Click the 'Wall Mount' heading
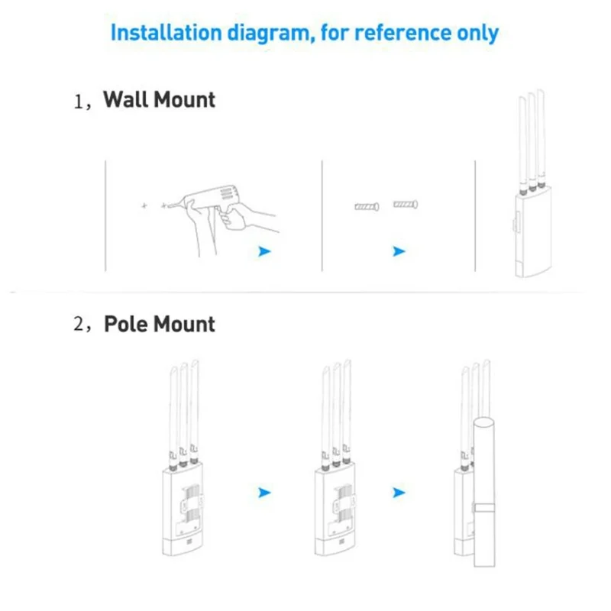[x=159, y=99]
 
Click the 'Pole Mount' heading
[x=160, y=324]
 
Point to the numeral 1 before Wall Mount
[x=79, y=101]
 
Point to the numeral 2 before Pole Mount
[x=79, y=325]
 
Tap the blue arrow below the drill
[x=264, y=251]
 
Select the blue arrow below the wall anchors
[x=398, y=251]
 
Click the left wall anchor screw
[x=367, y=206]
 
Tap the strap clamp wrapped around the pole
[x=483, y=508]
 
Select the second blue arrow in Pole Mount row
[x=398, y=493]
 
